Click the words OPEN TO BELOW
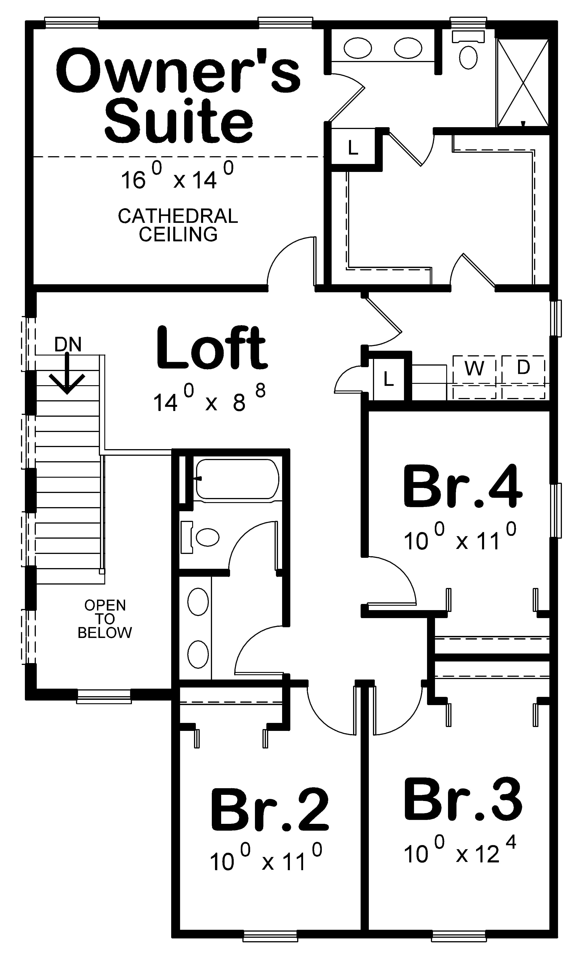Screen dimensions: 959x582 tap(105, 619)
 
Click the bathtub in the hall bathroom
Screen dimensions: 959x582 tap(237, 479)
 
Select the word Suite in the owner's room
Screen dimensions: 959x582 tap(179, 121)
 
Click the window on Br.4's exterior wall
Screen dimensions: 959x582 tap(556, 511)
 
